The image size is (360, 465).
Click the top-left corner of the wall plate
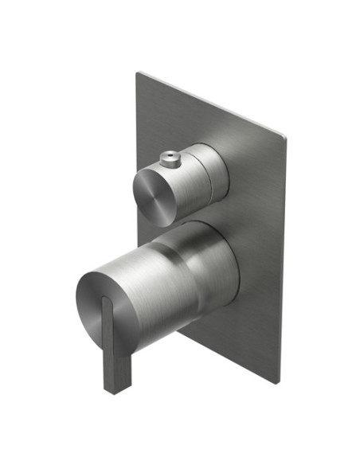click(x=137, y=72)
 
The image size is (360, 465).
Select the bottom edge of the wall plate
click(x=231, y=358)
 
